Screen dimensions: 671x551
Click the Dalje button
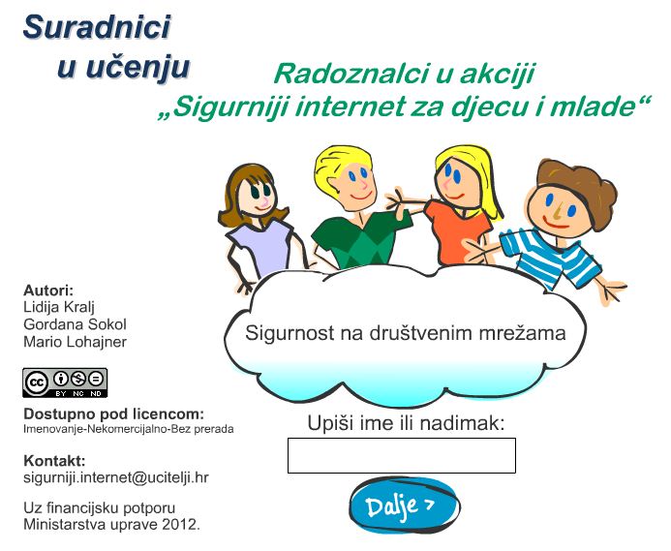[405, 505]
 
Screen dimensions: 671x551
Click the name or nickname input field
[402, 455]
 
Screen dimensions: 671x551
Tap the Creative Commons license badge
[65, 383]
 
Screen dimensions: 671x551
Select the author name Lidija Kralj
[59, 307]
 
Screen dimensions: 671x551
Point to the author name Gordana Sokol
[75, 324]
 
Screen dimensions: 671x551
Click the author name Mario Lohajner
[75, 342]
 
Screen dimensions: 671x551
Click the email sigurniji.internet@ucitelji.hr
[116, 477]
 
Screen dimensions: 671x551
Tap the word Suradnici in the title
[97, 26]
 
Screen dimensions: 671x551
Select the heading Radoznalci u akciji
[405, 74]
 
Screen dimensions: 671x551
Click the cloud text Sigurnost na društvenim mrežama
[406, 333]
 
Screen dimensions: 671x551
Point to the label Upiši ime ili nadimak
[406, 423]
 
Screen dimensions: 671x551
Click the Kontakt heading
[54, 461]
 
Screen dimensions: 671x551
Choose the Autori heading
[48, 291]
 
